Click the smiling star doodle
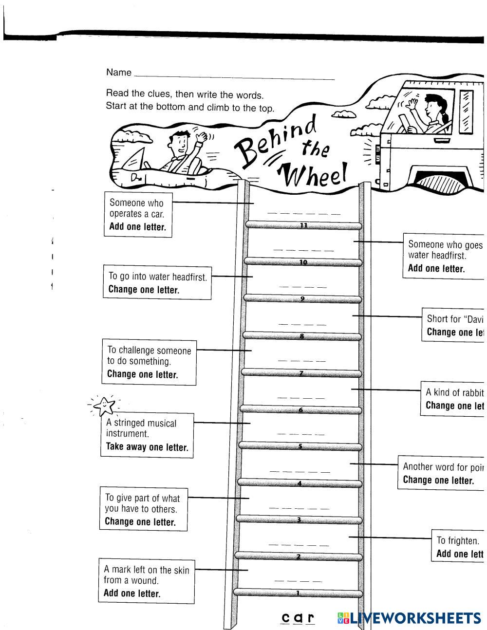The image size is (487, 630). [x=105, y=405]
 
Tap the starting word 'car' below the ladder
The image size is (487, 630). [x=298, y=618]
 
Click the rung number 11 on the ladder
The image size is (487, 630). [x=304, y=225]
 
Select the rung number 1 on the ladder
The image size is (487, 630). [x=298, y=593]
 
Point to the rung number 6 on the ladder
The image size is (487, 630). [x=300, y=410]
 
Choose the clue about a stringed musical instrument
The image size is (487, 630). [x=147, y=435]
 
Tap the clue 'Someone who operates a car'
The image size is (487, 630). [x=138, y=214]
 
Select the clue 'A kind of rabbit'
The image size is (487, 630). [x=453, y=399]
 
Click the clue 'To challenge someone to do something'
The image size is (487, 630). [x=149, y=362]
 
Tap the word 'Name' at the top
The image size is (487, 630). [x=119, y=73]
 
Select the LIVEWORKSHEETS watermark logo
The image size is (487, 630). [x=408, y=618]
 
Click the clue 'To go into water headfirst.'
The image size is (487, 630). [x=157, y=282]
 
